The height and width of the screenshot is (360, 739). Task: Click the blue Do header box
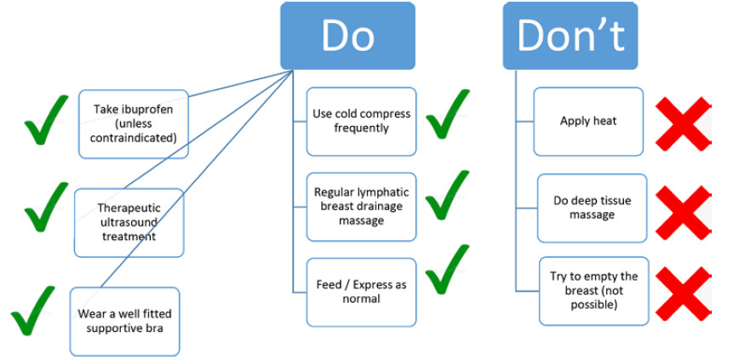click(x=348, y=36)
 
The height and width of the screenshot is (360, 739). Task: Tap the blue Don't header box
click(x=570, y=36)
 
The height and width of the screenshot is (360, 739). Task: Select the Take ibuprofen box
click(x=134, y=124)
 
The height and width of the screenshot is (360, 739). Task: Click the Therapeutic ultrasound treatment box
click(x=129, y=223)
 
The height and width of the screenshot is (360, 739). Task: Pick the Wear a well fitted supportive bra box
click(x=124, y=322)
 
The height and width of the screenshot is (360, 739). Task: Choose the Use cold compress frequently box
click(x=362, y=122)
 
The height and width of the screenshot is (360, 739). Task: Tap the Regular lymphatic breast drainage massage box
click(x=362, y=207)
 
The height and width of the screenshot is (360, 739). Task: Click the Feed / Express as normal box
click(x=362, y=292)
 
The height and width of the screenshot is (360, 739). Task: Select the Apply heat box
click(x=588, y=122)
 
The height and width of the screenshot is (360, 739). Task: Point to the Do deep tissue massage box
click(x=592, y=209)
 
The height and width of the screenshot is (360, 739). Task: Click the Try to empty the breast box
click(x=594, y=291)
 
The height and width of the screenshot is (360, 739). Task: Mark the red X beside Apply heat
click(x=683, y=124)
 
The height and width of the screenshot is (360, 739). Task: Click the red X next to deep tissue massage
click(x=683, y=213)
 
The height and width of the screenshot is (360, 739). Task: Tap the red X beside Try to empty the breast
click(x=683, y=294)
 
